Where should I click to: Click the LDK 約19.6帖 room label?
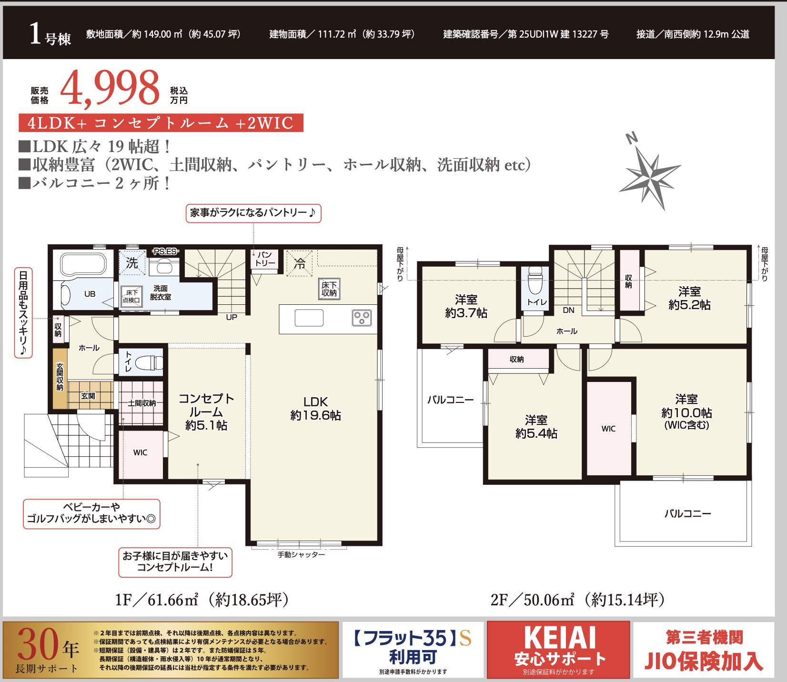pyautogui.click(x=316, y=409)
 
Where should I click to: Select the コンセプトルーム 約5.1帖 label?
pyautogui.click(x=206, y=412)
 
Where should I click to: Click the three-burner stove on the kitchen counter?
pyautogui.click(x=362, y=318)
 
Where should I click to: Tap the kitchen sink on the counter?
pyautogui.click(x=309, y=318)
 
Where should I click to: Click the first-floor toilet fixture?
pyautogui.click(x=149, y=363)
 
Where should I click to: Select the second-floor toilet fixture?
pyautogui.click(x=535, y=281)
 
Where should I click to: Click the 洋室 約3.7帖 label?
pyautogui.click(x=466, y=306)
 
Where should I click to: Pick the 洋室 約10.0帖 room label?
pyautogui.click(x=686, y=412)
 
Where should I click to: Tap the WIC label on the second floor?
pyautogui.click(x=608, y=429)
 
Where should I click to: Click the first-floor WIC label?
pyautogui.click(x=140, y=452)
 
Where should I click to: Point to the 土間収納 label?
pyautogui.click(x=141, y=403)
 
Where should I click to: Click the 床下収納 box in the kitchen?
pyautogui.click(x=329, y=289)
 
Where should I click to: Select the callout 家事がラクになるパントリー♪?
pyautogui.click(x=253, y=213)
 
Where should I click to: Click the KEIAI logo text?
pyautogui.click(x=560, y=637)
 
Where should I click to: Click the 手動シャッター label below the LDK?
pyautogui.click(x=301, y=555)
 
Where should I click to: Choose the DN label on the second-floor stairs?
pyautogui.click(x=569, y=311)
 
